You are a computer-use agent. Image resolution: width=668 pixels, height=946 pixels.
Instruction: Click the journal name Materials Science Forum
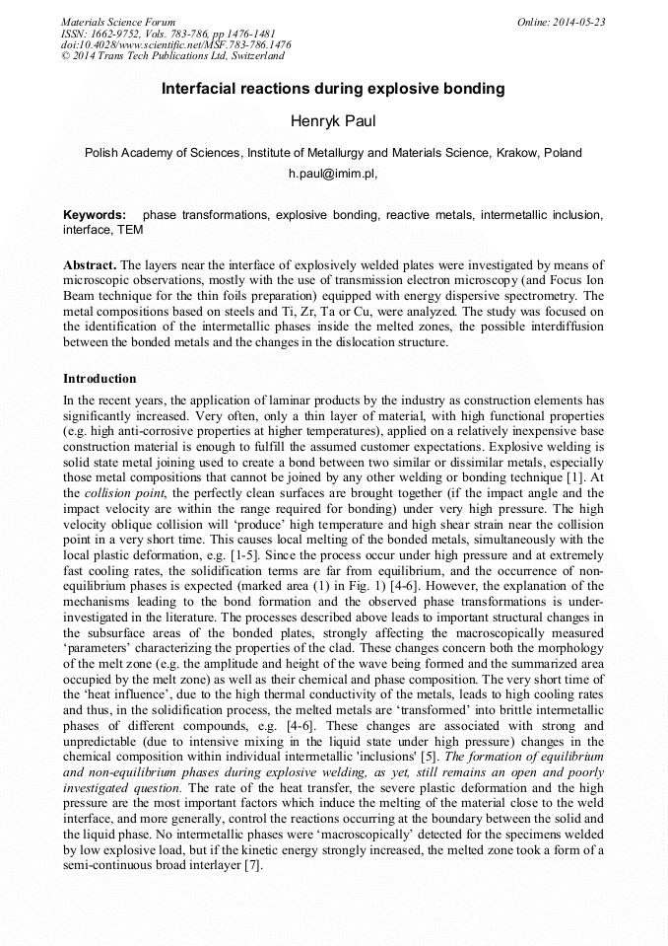pyautogui.click(x=118, y=22)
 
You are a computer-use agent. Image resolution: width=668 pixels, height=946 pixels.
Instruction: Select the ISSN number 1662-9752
pyautogui.click(x=120, y=34)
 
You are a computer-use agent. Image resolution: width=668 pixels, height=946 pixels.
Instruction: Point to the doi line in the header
pyautogui.click(x=175, y=45)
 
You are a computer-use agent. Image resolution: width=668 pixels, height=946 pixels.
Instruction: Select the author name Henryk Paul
pyautogui.click(x=333, y=122)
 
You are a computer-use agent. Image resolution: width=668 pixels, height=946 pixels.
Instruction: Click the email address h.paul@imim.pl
pyautogui.click(x=331, y=173)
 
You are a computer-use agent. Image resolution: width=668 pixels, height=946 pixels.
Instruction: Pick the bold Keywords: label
pyautogui.click(x=95, y=215)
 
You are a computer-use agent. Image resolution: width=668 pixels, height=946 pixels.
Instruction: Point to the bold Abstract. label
pyautogui.click(x=91, y=266)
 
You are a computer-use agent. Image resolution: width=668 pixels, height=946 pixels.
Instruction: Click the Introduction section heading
pyautogui.click(x=100, y=379)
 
